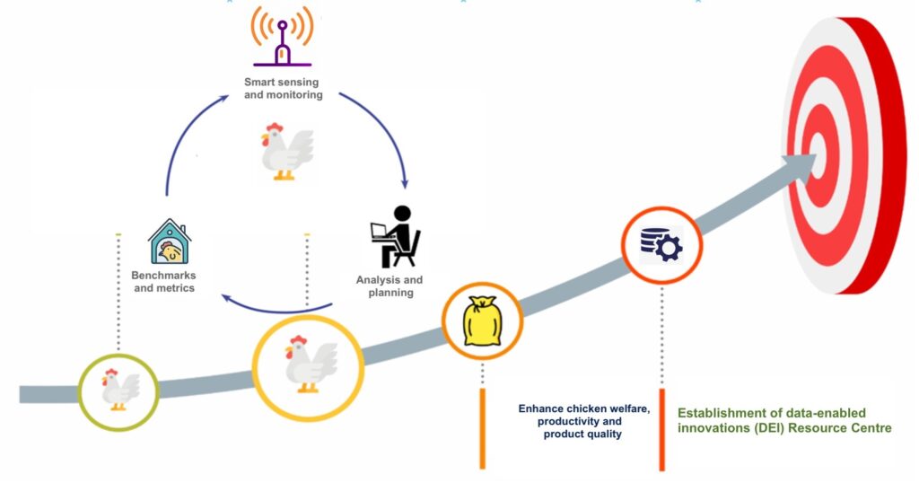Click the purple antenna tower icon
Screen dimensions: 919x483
(x=282, y=37)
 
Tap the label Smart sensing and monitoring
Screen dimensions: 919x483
(x=283, y=89)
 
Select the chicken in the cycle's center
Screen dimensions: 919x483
(x=286, y=151)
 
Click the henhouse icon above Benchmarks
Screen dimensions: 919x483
(x=170, y=241)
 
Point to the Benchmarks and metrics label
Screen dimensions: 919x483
(x=163, y=281)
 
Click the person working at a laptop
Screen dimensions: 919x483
(x=396, y=236)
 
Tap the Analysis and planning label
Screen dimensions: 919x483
(x=389, y=286)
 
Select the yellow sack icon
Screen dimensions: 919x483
(x=482, y=321)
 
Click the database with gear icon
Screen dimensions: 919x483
(x=661, y=245)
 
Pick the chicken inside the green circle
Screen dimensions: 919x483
(x=119, y=390)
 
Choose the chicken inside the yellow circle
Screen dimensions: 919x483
(x=310, y=364)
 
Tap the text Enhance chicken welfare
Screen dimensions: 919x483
(x=584, y=408)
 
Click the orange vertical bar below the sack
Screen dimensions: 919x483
(x=482, y=428)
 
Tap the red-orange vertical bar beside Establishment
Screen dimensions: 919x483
(x=661, y=430)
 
